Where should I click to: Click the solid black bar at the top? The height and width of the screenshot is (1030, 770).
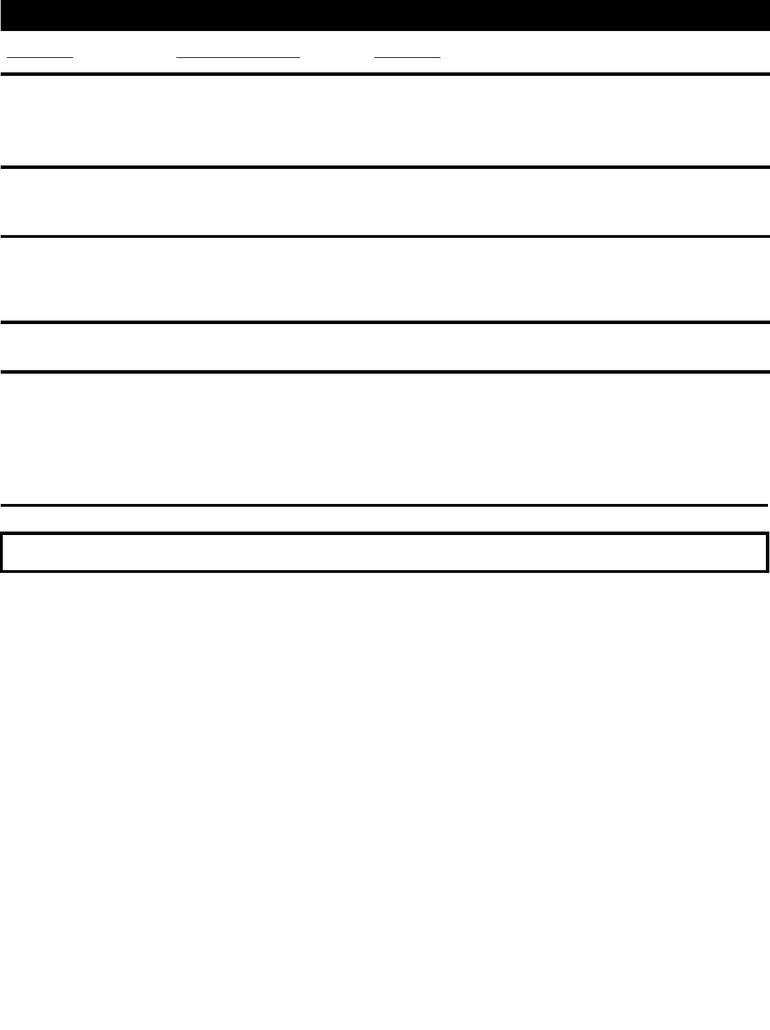[385, 15]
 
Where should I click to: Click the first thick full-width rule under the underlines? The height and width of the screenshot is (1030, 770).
[385, 73]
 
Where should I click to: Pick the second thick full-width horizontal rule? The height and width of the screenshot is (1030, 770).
[385, 166]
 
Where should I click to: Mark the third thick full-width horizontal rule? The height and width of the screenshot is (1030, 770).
[385, 236]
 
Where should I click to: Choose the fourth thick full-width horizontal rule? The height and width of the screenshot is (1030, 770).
[385, 321]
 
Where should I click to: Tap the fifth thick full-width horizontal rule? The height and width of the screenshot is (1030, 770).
[385, 372]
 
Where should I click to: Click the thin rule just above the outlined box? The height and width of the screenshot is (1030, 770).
[385, 505]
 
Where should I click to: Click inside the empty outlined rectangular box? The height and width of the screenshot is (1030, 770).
[385, 552]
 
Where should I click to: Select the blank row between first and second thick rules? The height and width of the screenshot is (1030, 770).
[385, 120]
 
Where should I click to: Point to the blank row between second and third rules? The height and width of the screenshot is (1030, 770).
[385, 201]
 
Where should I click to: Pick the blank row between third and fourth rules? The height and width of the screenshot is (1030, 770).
[385, 279]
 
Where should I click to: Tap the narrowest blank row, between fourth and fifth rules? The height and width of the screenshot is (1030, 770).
[385, 347]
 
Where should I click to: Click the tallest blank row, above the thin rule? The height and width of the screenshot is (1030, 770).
[385, 438]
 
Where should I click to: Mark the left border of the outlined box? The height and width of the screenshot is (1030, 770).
[2, 552]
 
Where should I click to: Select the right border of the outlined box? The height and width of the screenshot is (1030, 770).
[767, 552]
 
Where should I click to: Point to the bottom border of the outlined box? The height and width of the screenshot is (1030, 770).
[385, 570]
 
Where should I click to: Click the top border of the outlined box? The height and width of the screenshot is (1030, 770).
[385, 533]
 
